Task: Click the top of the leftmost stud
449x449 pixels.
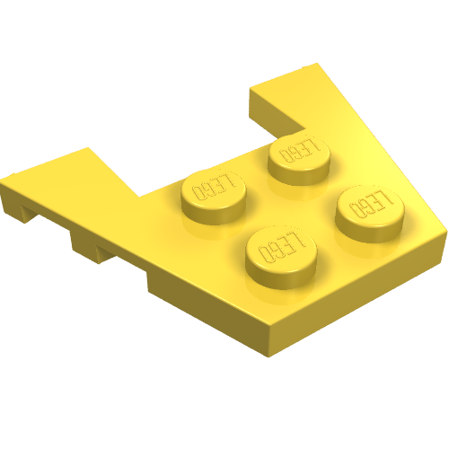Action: tap(214, 189)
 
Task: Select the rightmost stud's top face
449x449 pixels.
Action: tap(370, 205)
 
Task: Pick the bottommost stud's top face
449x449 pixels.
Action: tap(281, 247)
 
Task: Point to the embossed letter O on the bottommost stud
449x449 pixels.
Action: tap(264, 254)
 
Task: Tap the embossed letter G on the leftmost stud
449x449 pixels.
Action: tap(208, 190)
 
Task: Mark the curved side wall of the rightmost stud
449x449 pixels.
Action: tap(370, 232)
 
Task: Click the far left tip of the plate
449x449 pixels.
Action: tap(1, 180)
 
